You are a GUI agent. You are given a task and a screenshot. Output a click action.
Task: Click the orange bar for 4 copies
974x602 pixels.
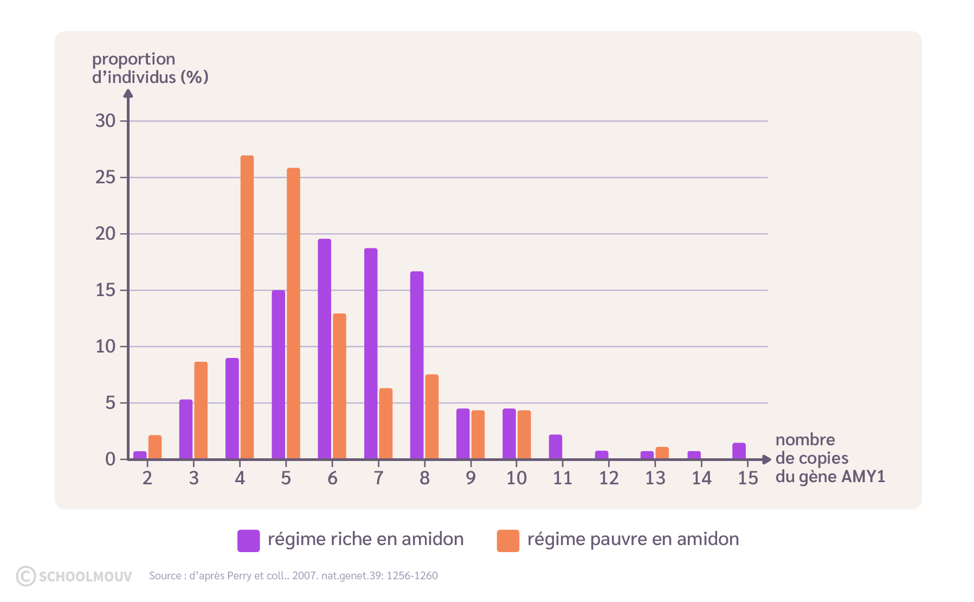click(247, 307)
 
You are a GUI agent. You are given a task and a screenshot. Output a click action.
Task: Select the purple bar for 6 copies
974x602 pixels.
click(324, 349)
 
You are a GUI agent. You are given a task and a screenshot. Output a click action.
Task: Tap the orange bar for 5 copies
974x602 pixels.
click(293, 313)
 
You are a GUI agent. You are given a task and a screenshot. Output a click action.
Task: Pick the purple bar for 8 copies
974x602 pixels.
click(417, 365)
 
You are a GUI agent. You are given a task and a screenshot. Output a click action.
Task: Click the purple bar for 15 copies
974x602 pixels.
click(739, 451)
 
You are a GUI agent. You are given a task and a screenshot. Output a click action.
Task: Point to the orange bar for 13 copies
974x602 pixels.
click(662, 453)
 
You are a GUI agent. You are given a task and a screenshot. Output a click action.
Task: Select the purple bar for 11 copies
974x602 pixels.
click(555, 447)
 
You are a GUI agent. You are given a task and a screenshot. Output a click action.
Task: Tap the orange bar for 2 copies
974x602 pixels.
click(155, 447)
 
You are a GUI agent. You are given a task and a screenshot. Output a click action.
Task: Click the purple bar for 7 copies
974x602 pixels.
click(371, 354)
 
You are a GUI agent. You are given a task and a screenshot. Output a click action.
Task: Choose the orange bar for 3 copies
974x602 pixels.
click(201, 411)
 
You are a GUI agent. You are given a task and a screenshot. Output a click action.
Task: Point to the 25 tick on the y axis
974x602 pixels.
click(124, 177)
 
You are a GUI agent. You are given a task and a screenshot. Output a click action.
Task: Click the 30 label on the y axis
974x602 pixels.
click(105, 121)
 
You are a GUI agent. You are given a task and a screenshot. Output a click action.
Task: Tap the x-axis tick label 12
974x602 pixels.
click(609, 478)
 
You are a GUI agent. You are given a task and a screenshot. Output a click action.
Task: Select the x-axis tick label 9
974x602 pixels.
click(470, 478)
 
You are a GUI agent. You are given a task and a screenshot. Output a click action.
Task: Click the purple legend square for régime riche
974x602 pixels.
click(248, 540)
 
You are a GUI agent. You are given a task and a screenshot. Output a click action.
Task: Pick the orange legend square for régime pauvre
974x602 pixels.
click(508, 540)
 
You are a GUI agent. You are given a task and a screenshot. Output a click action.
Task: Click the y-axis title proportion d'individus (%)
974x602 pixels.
click(150, 68)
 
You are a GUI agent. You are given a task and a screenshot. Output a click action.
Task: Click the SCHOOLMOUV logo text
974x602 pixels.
click(85, 576)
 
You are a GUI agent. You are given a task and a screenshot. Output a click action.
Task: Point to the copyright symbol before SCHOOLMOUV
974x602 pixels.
click(25, 576)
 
